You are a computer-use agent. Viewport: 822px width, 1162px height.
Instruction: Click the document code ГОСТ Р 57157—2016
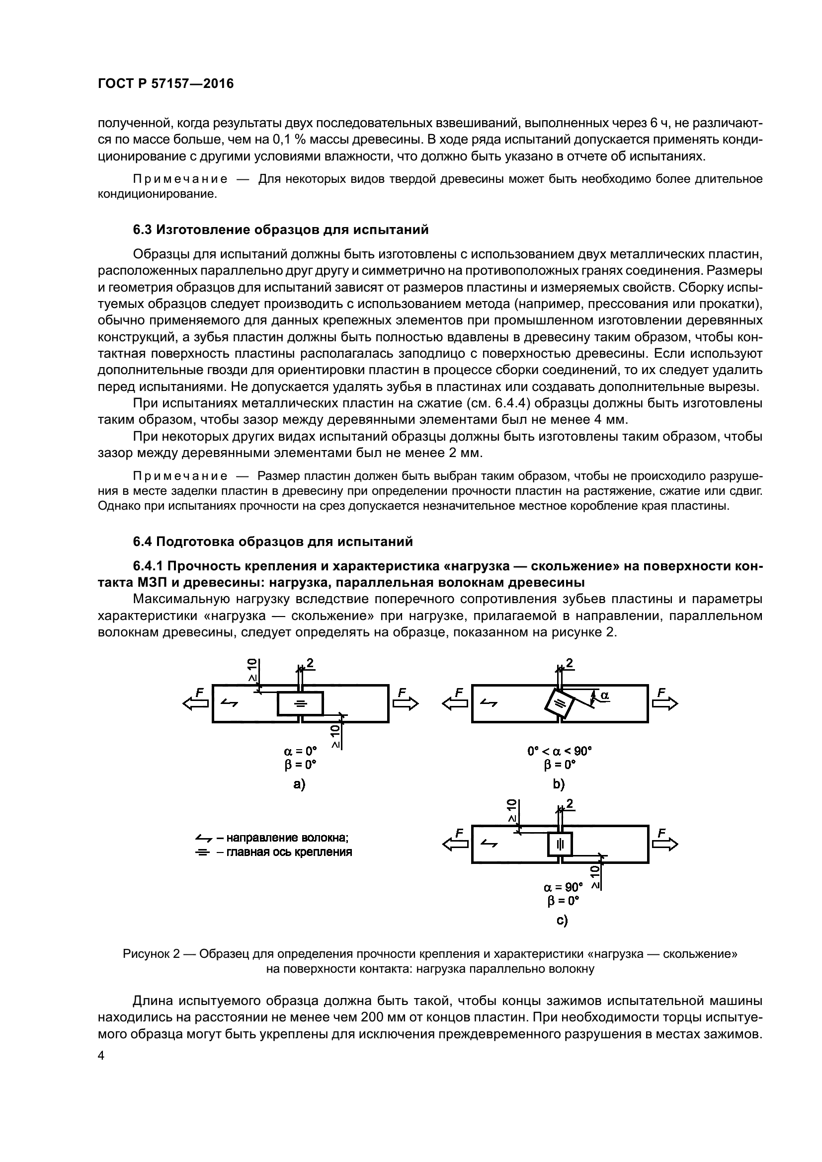coord(165,83)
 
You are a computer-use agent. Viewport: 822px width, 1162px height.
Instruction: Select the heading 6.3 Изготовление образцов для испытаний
coord(280,230)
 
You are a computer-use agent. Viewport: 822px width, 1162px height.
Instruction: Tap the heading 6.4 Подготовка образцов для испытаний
coord(273,542)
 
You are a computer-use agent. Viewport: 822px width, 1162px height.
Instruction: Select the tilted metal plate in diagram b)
coord(559,702)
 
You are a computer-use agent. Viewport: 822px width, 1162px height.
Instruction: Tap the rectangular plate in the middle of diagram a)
coord(300,703)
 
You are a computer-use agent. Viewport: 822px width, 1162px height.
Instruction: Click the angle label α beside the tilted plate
coord(604,696)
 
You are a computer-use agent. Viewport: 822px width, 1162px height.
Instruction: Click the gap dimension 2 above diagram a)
coord(310,664)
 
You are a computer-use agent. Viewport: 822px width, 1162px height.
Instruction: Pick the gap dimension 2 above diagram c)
coord(570,804)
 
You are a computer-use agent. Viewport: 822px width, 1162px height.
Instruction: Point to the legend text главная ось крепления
coord(289,852)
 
